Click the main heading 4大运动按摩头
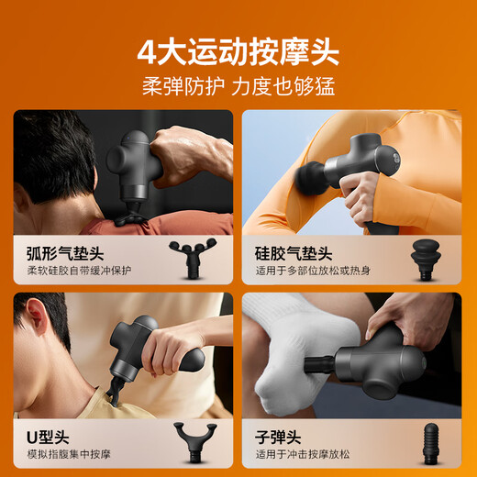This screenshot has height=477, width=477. coord(238,51)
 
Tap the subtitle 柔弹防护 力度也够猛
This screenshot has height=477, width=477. coord(238,87)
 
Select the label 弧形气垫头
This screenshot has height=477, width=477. coord(57,252)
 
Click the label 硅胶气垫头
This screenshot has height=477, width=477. coord(294,252)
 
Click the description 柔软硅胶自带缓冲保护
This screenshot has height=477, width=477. coord(78,272)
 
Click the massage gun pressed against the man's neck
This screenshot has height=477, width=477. coord(138,353)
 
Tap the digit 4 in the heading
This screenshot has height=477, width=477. coord(148,51)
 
